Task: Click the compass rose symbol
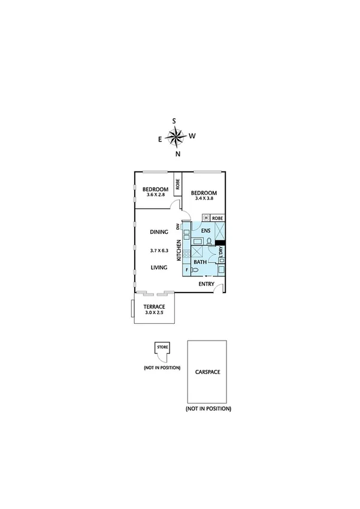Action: [175, 138]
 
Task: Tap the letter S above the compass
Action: [174, 121]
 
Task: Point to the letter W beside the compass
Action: [192, 136]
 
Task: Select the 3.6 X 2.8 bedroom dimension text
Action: [154, 195]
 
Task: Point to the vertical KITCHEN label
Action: [179, 250]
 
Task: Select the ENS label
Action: [205, 231]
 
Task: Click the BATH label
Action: [200, 262]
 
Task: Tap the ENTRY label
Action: [207, 284]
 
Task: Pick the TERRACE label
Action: [153, 306]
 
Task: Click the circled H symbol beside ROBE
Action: [207, 218]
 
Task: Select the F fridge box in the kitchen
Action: [186, 270]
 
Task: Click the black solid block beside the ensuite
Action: [220, 242]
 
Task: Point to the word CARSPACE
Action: [207, 372]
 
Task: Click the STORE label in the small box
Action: [162, 347]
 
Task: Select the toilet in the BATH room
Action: [194, 270]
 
